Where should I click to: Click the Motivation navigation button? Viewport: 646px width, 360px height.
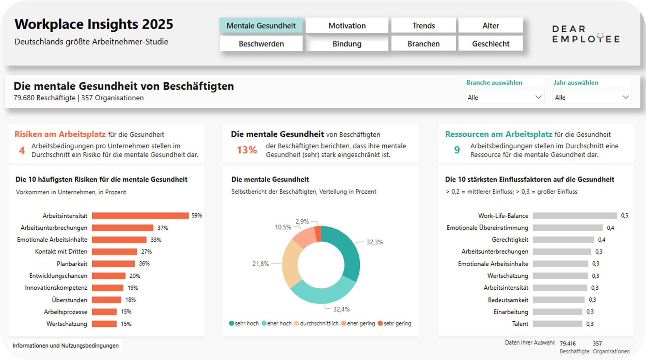pyautogui.click(x=347, y=26)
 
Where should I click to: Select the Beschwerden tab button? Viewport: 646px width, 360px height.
pyautogui.click(x=261, y=44)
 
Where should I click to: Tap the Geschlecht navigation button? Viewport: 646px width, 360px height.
pyautogui.click(x=491, y=44)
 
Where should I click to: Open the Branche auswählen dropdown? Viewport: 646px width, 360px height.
pyautogui.click(x=504, y=97)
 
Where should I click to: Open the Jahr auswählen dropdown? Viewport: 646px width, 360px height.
pyautogui.click(x=591, y=97)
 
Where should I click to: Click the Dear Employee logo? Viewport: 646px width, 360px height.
pyautogui.click(x=585, y=34)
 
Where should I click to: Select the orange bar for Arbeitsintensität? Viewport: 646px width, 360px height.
pyautogui.click(x=140, y=216)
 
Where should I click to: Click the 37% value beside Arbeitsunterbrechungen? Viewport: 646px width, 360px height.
pyautogui.click(x=163, y=228)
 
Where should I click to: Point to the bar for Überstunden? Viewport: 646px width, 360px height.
pyautogui.click(x=106, y=300)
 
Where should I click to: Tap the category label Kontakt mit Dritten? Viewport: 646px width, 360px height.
pyautogui.click(x=61, y=252)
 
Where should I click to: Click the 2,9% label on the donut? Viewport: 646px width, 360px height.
pyautogui.click(x=302, y=221)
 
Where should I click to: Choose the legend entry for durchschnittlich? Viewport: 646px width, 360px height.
pyautogui.click(x=319, y=323)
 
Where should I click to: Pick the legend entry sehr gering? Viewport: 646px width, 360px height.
pyautogui.click(x=397, y=323)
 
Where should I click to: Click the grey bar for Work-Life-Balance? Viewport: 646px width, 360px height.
pyautogui.click(x=575, y=216)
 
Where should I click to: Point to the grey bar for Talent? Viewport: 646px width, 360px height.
pyautogui.click(x=557, y=324)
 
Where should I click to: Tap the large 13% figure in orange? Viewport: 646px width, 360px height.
pyautogui.click(x=247, y=150)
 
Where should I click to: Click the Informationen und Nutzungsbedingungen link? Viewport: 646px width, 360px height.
pyautogui.click(x=66, y=346)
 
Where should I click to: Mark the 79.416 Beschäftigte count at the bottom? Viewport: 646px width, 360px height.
pyautogui.click(x=568, y=344)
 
